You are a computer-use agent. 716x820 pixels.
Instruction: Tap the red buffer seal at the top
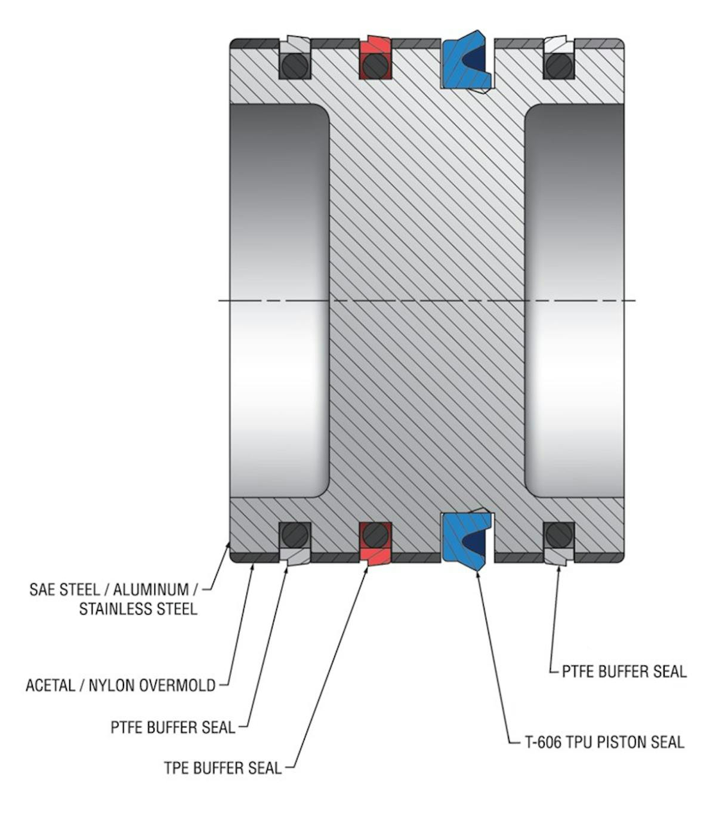point(375,57)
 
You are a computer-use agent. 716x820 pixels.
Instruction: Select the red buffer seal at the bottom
point(375,544)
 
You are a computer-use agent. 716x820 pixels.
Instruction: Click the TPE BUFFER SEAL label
point(223,767)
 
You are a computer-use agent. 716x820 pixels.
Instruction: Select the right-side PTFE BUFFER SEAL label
point(624,671)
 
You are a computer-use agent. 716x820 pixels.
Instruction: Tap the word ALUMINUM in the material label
point(151,590)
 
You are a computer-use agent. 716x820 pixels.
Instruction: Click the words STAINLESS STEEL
point(138,609)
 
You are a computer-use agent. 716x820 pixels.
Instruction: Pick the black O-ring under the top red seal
point(375,66)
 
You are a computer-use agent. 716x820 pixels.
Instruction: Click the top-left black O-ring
point(295,66)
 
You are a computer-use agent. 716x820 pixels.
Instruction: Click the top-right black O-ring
point(559,66)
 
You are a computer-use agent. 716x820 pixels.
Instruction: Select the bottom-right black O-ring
point(559,535)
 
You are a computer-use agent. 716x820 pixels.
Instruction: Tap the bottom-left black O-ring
point(295,535)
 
